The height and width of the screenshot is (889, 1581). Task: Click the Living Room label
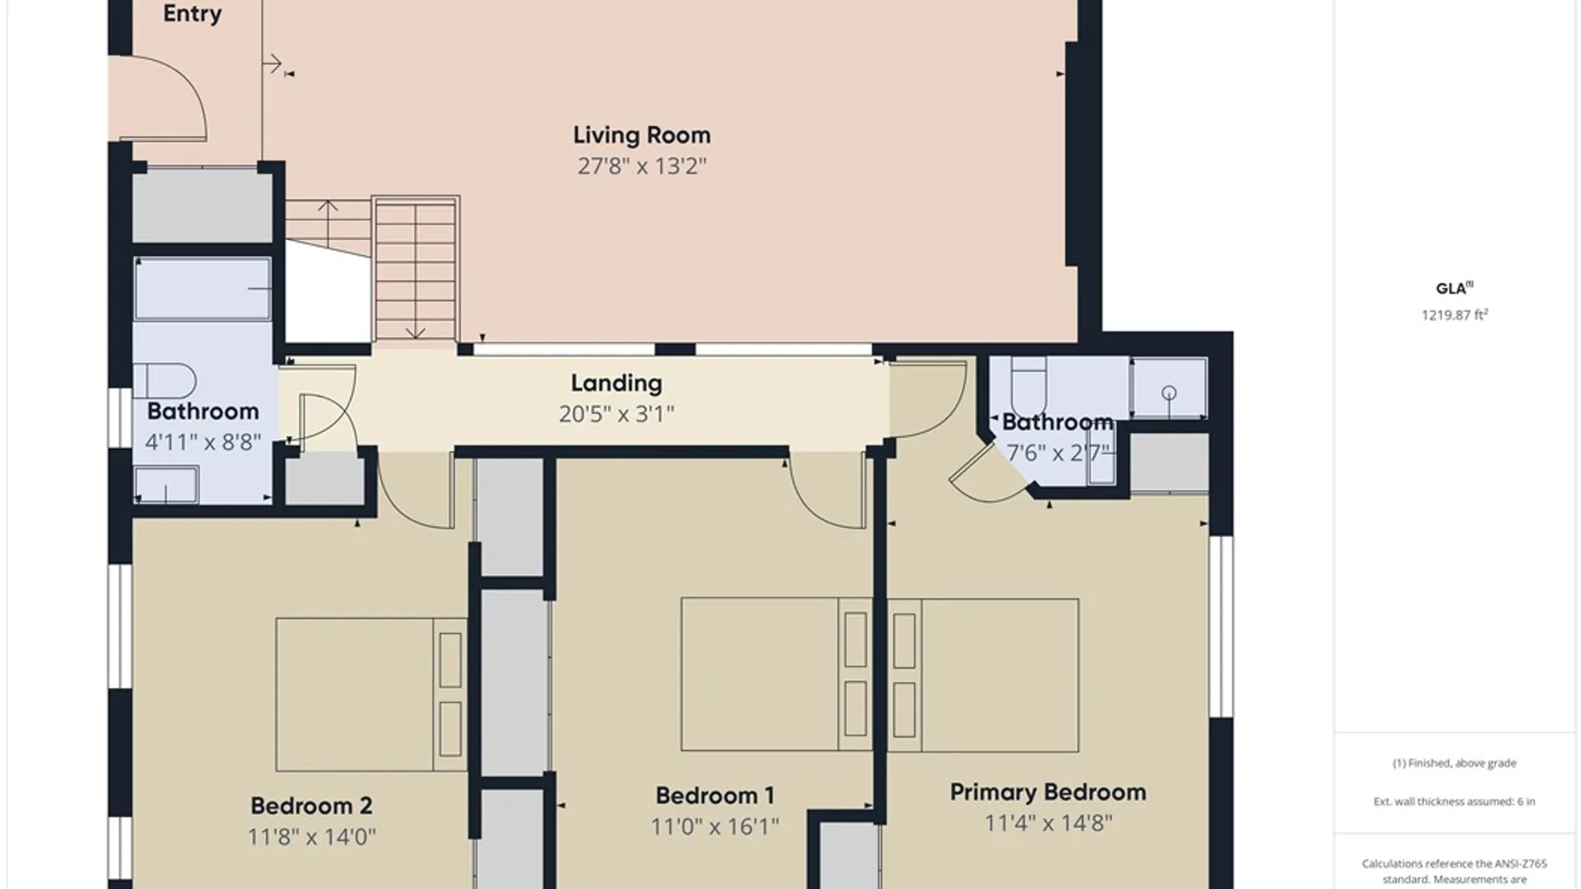pyautogui.click(x=641, y=135)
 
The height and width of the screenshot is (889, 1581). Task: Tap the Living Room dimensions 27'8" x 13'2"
pyautogui.click(x=641, y=166)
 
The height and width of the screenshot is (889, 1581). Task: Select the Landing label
pyautogui.click(x=617, y=384)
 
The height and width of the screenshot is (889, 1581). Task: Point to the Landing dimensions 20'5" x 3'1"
pyautogui.click(x=617, y=414)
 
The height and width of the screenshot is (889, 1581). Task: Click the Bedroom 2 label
pyautogui.click(x=311, y=806)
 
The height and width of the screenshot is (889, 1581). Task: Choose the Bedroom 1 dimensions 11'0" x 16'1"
pyautogui.click(x=715, y=826)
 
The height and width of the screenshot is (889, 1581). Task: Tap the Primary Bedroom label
pyautogui.click(x=1048, y=793)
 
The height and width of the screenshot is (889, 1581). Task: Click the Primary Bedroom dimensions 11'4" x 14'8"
pyautogui.click(x=1048, y=823)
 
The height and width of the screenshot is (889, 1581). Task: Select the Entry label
pyautogui.click(x=192, y=14)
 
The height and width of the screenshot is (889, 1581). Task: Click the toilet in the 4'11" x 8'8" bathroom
pyautogui.click(x=165, y=381)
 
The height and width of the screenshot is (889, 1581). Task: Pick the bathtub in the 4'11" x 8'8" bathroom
pyautogui.click(x=203, y=289)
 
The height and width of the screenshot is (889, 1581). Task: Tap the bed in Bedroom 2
pyautogui.click(x=371, y=695)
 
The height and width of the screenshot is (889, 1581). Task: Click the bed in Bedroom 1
pyautogui.click(x=777, y=675)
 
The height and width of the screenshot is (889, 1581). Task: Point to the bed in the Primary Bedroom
pyautogui.click(x=983, y=675)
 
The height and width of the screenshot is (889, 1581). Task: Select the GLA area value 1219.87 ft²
pyautogui.click(x=1455, y=314)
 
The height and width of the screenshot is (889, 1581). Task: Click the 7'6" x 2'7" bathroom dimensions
pyautogui.click(x=1058, y=453)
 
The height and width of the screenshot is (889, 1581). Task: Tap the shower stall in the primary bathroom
pyautogui.click(x=1169, y=389)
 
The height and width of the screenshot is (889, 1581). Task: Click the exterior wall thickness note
pyautogui.click(x=1454, y=801)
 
